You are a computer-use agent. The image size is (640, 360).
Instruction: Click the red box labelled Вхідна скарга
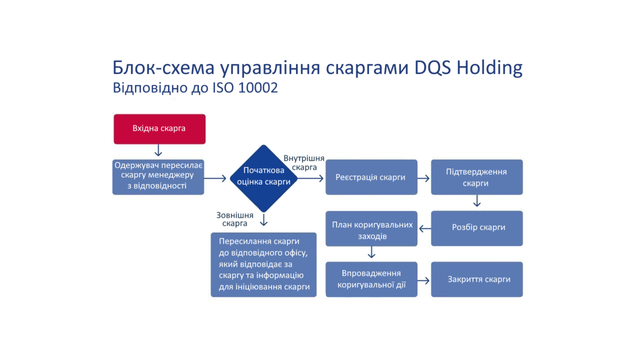coord(159,129)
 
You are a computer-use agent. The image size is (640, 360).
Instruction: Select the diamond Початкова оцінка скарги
coord(263,178)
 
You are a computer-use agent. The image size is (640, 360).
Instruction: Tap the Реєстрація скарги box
coord(371,177)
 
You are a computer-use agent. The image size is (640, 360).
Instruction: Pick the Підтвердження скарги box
coord(477,177)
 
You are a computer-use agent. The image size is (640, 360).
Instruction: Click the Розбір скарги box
coord(477,228)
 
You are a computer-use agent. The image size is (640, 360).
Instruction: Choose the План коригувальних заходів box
coord(371,229)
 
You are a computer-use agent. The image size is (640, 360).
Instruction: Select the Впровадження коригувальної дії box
coord(371,279)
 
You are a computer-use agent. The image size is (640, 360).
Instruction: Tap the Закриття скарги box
coord(477,279)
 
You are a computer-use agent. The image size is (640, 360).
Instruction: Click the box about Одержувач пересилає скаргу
coord(158,177)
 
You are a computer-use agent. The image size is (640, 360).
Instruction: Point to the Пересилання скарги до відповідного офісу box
coord(263,265)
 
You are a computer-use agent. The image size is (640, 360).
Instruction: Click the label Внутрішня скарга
coord(304,163)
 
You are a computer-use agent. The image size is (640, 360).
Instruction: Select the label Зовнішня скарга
coord(235,219)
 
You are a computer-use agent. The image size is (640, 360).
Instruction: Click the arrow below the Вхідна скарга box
coord(158,150)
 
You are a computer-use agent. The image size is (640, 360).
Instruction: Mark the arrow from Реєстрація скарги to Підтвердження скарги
coord(423,179)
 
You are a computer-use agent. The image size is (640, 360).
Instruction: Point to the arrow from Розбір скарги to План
coord(425,229)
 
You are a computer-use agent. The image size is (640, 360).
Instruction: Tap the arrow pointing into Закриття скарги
coord(423,281)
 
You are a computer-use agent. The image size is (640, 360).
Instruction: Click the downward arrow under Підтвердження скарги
coord(477,201)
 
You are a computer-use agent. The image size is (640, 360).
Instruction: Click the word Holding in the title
coord(490,68)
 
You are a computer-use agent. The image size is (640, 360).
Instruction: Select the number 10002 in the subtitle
coord(258,87)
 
